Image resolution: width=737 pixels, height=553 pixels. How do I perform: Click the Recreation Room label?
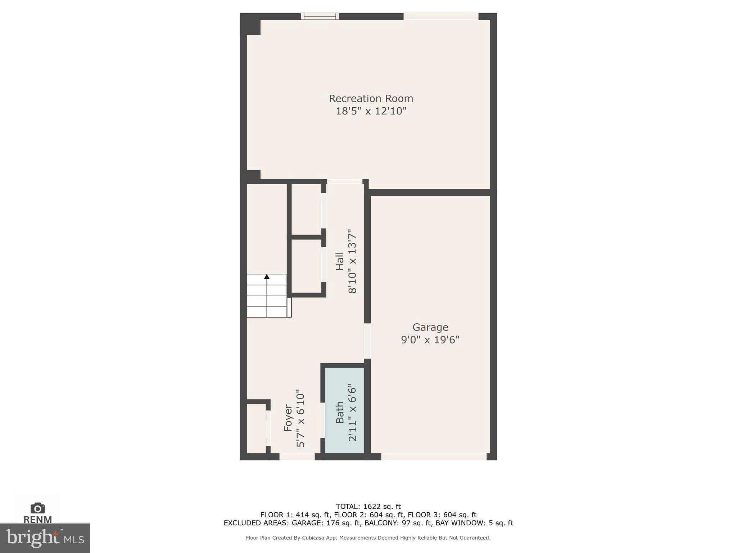point(371,98)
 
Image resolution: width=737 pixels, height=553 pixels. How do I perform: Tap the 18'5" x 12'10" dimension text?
point(371,111)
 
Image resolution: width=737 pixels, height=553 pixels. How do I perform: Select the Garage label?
point(430,327)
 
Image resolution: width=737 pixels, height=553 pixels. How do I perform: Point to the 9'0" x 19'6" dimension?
point(430,340)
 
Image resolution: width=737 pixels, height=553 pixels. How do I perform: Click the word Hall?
point(340,261)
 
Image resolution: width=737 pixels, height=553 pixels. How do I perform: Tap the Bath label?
point(340,413)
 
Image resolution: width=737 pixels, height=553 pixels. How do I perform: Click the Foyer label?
point(288,418)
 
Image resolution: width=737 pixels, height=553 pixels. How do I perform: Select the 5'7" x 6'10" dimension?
point(300,418)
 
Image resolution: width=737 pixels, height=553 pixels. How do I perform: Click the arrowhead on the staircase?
point(267,276)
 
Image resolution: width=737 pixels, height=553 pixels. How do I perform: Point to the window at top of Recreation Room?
point(320,16)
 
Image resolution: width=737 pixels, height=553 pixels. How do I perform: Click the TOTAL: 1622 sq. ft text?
point(368,507)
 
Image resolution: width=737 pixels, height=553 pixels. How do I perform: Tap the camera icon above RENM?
point(37,508)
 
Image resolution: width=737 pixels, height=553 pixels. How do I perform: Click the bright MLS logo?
point(45,538)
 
